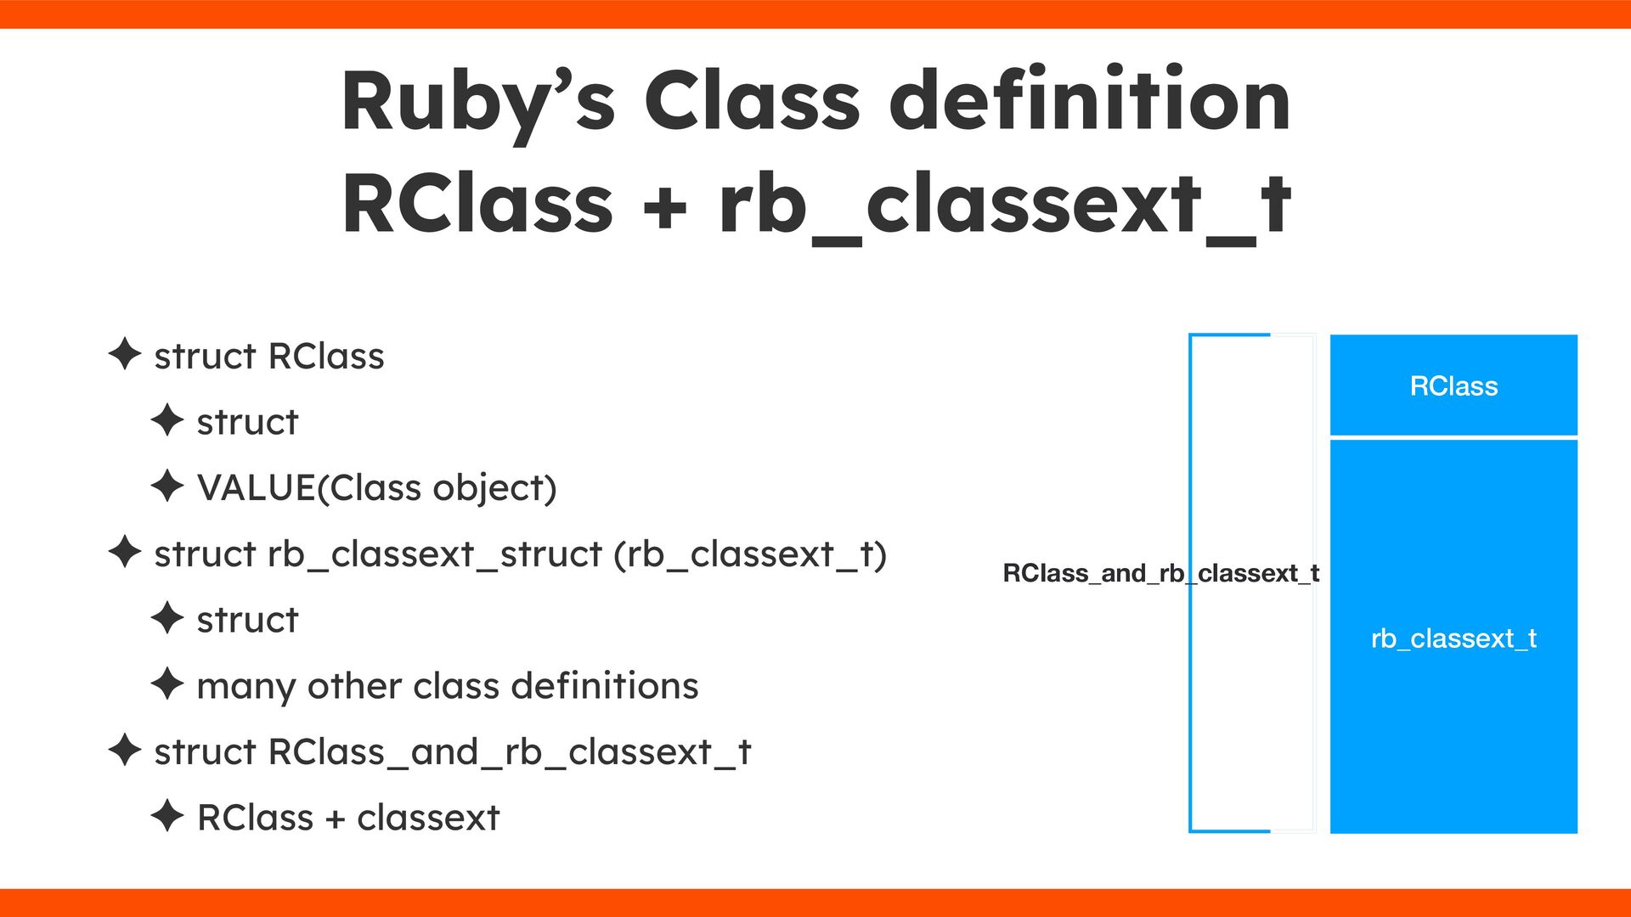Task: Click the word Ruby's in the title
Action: (477, 102)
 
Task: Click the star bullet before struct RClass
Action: (125, 354)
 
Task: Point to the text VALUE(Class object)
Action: (376, 488)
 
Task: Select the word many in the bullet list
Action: (245, 686)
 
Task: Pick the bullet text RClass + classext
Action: (348, 818)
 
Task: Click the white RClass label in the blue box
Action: (1453, 386)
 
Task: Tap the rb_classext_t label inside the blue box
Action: (1453, 639)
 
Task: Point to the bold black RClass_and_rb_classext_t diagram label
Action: (1160, 574)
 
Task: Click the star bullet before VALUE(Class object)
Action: (167, 487)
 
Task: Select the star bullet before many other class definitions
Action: (167, 684)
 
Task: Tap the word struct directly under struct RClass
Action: (247, 422)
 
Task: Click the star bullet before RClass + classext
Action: (167, 816)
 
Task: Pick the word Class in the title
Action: (753, 102)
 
